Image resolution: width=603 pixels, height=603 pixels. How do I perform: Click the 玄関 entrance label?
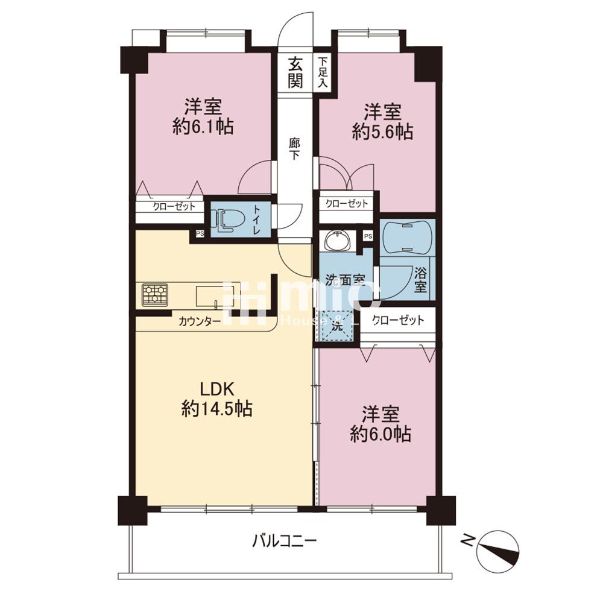click(295, 72)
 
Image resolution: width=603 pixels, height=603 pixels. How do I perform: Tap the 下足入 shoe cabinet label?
click(323, 72)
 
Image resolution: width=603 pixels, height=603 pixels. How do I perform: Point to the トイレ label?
click(256, 221)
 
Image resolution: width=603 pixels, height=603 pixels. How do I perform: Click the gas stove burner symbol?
click(154, 295)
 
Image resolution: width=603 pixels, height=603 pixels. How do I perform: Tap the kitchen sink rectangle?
click(210, 296)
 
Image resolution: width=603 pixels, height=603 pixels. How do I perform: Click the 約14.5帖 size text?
click(217, 408)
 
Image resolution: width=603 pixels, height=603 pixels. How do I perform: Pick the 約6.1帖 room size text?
click(203, 126)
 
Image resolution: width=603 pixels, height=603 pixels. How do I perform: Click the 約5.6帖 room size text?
click(383, 132)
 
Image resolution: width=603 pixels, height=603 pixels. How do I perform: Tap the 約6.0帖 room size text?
click(380, 434)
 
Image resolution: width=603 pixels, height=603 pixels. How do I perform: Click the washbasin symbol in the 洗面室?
click(338, 241)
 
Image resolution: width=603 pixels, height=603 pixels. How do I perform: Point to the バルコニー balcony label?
click(285, 541)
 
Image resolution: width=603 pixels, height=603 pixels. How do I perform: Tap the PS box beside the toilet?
click(200, 233)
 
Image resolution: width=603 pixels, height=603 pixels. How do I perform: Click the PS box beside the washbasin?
click(368, 236)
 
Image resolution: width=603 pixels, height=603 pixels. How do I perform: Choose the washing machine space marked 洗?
click(337, 326)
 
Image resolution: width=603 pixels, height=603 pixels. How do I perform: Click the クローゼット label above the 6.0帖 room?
click(399, 320)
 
